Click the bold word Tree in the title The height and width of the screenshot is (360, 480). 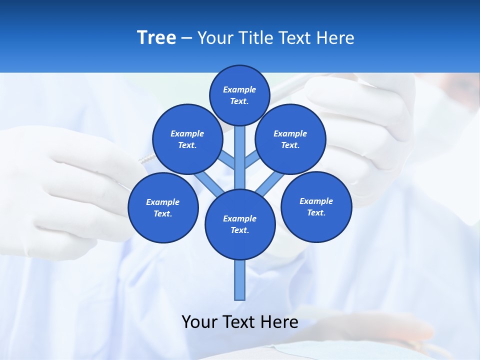pos(156,37)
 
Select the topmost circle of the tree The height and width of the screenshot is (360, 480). pos(239,95)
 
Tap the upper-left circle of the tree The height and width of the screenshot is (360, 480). pos(187,139)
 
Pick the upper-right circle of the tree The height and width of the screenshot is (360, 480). pos(290,139)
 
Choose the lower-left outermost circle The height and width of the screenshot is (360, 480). pos(163,207)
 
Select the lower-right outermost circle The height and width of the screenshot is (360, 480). pos(316,206)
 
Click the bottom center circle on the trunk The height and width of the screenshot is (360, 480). pos(240,224)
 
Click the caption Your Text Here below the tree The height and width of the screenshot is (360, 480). pos(240,322)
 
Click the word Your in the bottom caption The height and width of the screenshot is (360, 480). pos(199,322)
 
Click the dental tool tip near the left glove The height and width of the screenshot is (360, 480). pos(145,160)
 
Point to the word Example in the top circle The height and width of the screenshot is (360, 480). pos(239,89)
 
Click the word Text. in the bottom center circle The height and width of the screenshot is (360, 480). pos(239,230)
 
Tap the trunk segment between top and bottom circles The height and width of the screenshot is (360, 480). pos(240,157)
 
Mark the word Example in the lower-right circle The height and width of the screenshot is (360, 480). pos(316,201)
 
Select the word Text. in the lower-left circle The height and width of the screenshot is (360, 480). pos(162,213)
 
